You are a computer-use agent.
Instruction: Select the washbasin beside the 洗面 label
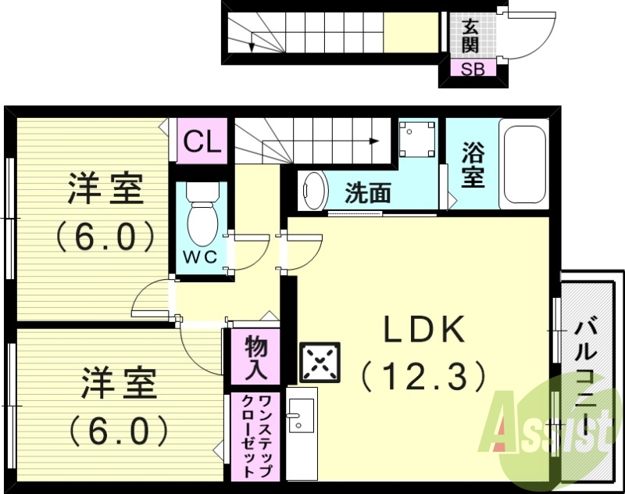point(313,190)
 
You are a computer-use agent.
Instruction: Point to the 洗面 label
point(368,192)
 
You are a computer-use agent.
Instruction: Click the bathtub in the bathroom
point(523,164)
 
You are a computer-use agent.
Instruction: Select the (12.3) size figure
point(424,378)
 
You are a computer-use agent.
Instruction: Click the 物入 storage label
point(255,358)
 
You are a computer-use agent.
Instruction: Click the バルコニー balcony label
point(587,375)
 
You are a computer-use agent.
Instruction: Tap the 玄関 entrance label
point(470,37)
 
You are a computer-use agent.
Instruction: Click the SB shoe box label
point(472,69)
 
